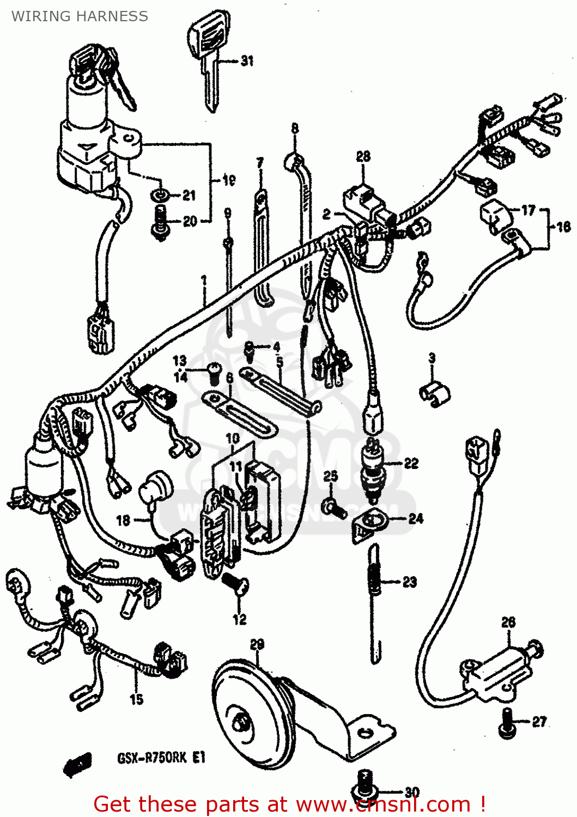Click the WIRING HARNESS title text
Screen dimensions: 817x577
(80, 16)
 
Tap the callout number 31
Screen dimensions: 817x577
(247, 60)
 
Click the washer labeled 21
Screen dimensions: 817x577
(160, 195)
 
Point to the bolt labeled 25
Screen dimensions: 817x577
(333, 508)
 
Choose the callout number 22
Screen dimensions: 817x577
(411, 464)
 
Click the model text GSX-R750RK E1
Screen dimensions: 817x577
(161, 758)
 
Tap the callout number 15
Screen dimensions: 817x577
(136, 699)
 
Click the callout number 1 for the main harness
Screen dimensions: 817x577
(204, 281)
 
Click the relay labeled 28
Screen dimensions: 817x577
(363, 199)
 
